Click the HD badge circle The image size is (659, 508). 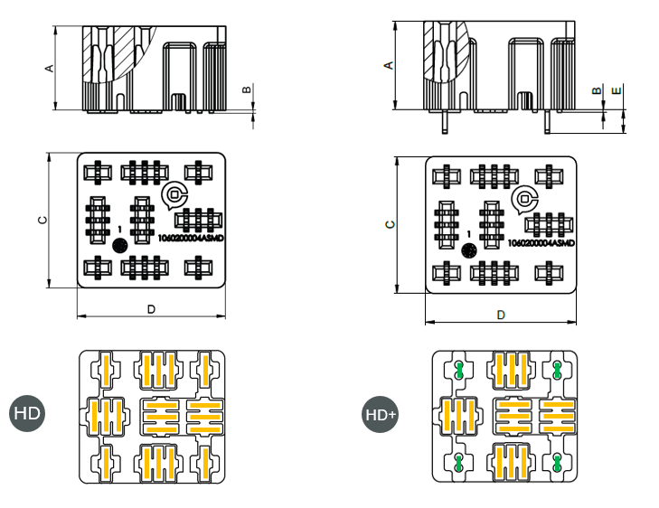point(27,414)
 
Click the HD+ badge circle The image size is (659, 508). point(380,414)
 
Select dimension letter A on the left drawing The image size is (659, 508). point(51,68)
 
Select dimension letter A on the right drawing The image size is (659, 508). point(390,65)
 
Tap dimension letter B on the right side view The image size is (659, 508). point(596,90)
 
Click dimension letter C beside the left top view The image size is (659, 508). point(41,221)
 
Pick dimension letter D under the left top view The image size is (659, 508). point(151,309)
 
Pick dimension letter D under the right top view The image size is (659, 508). point(500,315)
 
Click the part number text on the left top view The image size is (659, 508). point(190,238)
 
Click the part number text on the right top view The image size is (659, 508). point(541,243)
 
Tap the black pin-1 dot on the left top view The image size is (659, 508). point(118,245)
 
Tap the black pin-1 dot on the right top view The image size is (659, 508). point(468,250)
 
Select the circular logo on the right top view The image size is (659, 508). point(522,199)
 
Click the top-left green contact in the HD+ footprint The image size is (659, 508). point(459,369)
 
